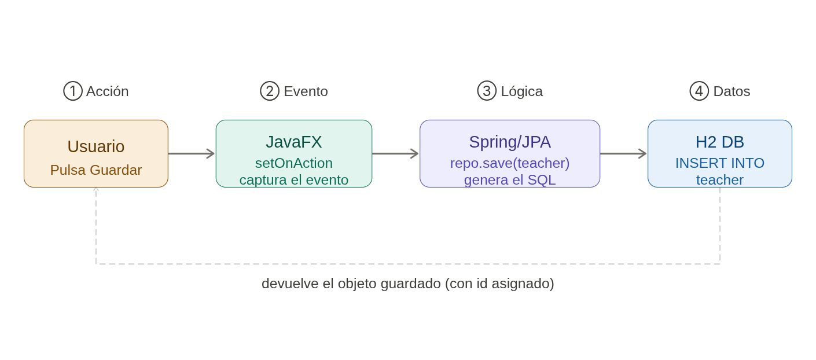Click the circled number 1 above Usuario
pos(73,91)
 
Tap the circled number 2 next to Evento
pos(270,91)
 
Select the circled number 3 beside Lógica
pos(487,91)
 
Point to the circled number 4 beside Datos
pos(699,91)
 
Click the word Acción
pos(107,91)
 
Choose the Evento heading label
pos(306,91)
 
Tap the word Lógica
pos(521,91)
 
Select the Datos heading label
pos(732,91)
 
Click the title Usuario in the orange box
pos(96,146)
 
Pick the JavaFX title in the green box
pos(294,142)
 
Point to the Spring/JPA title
pos(510,142)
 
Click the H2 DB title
pos(720,142)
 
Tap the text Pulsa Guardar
pos(96,170)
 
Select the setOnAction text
pos(294,163)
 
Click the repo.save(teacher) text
pos(510,163)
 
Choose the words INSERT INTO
pos(720,163)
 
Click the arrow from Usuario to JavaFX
pos(192,153)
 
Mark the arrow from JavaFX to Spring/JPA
pos(396,153)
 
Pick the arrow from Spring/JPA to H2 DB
pos(624,153)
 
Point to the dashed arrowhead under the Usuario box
pos(96,190)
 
